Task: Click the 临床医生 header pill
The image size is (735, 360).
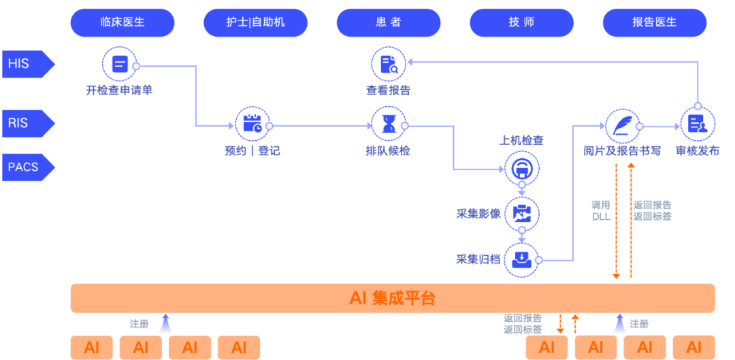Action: click(x=122, y=22)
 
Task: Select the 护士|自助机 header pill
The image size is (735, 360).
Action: click(x=256, y=22)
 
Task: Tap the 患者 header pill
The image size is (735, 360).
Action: click(x=389, y=22)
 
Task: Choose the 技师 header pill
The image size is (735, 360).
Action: click(x=521, y=22)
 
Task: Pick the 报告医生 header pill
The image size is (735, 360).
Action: click(x=654, y=22)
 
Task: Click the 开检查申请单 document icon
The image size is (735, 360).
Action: click(x=120, y=65)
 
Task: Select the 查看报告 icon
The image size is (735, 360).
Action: click(x=389, y=65)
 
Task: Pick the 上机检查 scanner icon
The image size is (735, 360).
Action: click(x=522, y=167)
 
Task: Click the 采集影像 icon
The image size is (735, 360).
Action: click(x=522, y=213)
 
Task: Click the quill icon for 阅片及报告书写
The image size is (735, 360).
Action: click(x=623, y=125)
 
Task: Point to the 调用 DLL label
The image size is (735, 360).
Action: click(x=602, y=210)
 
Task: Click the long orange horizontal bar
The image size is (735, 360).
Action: click(x=393, y=298)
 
